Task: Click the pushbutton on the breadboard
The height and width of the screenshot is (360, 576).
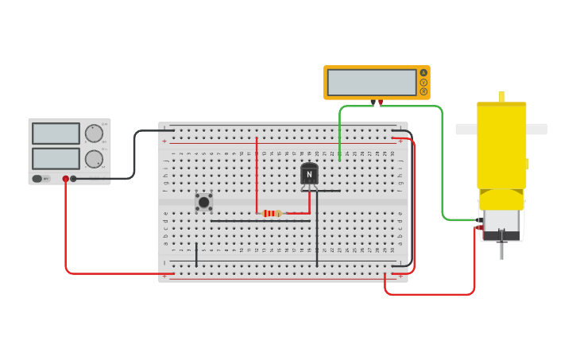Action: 203,202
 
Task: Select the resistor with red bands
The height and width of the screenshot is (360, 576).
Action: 272,213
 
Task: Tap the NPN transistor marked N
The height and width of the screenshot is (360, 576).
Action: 309,174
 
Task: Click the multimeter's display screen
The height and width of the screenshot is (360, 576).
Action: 371,83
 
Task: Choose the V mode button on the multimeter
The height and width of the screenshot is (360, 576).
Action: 423,82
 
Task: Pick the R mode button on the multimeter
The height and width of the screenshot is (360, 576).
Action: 423,91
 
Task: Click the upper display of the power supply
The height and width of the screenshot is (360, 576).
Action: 56,134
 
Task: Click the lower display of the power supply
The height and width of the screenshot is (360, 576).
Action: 56,158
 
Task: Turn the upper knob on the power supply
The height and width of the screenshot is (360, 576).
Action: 94,134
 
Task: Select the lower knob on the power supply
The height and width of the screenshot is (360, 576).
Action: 94,158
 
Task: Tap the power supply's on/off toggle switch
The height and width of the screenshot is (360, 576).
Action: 37,179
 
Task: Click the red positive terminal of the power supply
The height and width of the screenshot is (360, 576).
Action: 66,179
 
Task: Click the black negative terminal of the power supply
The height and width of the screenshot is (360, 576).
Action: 74,179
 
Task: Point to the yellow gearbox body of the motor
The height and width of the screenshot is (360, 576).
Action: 501,143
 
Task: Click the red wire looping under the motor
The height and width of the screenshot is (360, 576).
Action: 429,295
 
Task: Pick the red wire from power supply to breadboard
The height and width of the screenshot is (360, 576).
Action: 66,238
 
